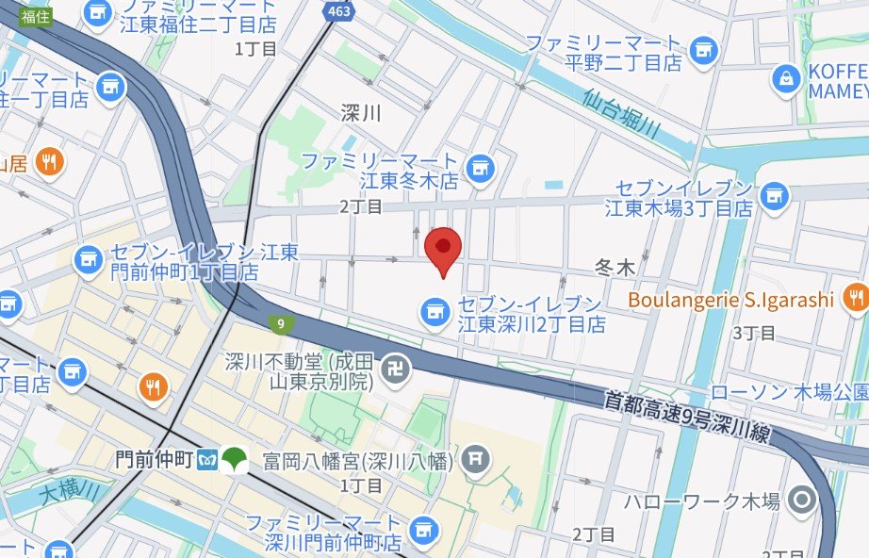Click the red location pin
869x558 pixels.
[x=443, y=249]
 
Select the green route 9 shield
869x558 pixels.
[x=280, y=324]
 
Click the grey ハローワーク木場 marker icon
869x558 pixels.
[x=802, y=500]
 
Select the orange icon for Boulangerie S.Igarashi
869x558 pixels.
[x=855, y=300]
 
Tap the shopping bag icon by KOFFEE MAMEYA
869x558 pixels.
[x=785, y=80]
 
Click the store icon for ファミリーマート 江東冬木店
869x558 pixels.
[x=481, y=168]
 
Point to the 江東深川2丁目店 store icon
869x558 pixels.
[x=434, y=309]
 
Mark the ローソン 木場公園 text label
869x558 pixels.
[x=787, y=390]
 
